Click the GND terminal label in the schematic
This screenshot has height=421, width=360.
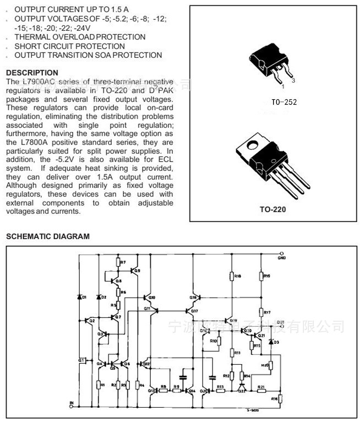282,258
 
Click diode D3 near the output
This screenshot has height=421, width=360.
270,342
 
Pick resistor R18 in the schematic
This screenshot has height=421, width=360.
231,276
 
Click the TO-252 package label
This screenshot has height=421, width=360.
283,102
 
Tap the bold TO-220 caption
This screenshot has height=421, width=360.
272,209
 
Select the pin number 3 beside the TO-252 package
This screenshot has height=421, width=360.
294,80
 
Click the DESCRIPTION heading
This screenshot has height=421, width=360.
32,72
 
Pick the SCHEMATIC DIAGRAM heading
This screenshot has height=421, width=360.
47,236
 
